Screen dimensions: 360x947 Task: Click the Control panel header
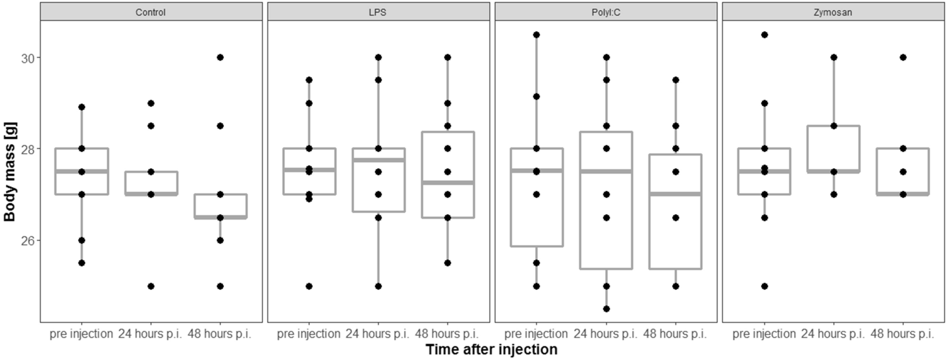click(151, 12)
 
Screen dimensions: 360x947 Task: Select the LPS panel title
click(378, 12)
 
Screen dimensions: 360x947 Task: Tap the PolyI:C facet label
click(606, 12)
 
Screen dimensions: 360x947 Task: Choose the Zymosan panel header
click(833, 12)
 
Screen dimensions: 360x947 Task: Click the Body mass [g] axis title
click(11, 172)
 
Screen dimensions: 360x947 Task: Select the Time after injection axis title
click(491, 350)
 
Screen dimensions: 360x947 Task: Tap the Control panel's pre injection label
click(81, 334)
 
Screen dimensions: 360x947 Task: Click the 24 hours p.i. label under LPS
click(377, 334)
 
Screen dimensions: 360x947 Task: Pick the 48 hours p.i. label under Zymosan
click(902, 334)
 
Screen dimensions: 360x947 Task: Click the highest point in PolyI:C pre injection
click(537, 35)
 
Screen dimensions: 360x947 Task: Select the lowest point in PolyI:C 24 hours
click(606, 309)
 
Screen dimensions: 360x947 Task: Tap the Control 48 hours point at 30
click(220, 57)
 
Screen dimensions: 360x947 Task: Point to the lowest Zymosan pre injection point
click(764, 286)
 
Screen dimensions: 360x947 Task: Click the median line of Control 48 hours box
click(220, 217)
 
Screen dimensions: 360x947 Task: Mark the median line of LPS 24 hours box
click(378, 160)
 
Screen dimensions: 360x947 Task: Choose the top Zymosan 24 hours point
click(834, 57)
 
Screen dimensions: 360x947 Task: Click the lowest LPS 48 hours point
click(448, 263)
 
